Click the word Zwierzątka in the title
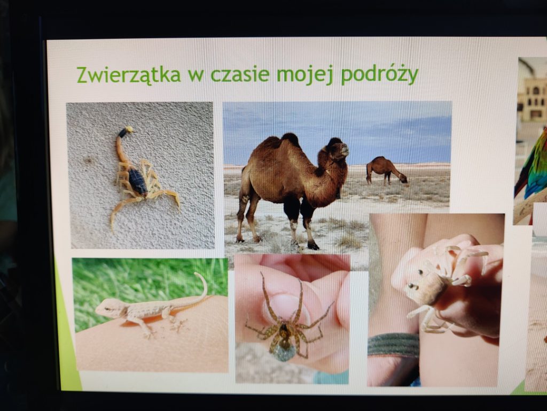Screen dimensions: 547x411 (129, 74)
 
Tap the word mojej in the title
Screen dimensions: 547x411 (305, 75)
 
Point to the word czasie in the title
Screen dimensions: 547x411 (240, 74)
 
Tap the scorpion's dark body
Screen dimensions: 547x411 (138, 181)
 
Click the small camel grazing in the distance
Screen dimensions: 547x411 (386, 170)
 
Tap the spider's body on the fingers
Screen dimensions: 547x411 (285, 336)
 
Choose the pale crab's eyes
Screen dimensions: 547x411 (412, 286)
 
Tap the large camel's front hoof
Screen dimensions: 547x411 (312, 245)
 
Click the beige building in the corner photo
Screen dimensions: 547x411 (533, 98)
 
